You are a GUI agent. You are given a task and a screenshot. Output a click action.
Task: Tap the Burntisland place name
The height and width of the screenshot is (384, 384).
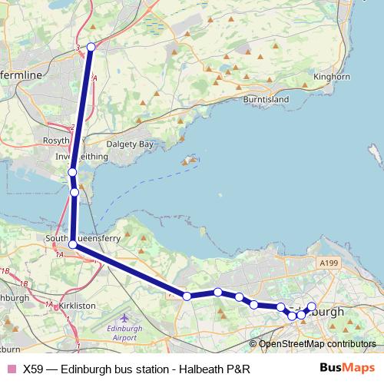pyautogui.click(x=264, y=101)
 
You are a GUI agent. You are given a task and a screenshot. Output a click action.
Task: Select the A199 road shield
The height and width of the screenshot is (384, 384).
pyautogui.click(x=328, y=263)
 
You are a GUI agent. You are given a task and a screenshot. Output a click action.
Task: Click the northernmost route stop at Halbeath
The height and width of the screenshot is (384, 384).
pyautogui.click(x=91, y=47)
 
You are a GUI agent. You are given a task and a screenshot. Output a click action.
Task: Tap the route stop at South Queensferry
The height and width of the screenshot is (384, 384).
pyautogui.click(x=73, y=244)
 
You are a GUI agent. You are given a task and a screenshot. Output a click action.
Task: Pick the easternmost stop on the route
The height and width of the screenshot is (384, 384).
pyautogui.click(x=312, y=306)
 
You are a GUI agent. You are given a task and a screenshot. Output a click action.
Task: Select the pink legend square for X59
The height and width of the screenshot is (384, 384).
pyautogui.click(x=11, y=369)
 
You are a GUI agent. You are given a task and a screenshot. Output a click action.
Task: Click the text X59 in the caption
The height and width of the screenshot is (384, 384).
pyautogui.click(x=32, y=369)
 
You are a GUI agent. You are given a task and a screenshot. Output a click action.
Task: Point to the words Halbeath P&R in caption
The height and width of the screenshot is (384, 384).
pyautogui.click(x=215, y=369)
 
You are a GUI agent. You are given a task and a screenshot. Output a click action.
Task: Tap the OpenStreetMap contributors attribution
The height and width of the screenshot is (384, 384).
pyautogui.click(x=317, y=344)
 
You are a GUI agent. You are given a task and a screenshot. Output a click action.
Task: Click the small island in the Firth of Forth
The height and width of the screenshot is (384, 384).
pyautogui.click(x=187, y=162)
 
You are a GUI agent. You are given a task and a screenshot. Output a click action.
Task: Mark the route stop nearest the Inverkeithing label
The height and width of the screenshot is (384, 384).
pyautogui.click(x=71, y=173)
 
